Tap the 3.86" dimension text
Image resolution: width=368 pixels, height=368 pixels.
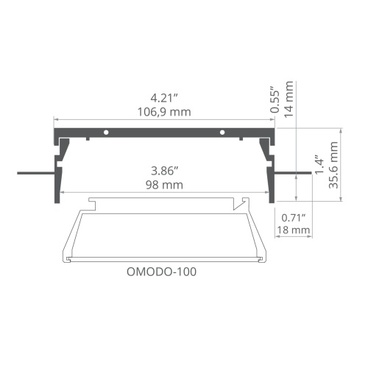click(x=163, y=170)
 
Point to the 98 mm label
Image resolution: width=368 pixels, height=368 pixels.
click(x=163, y=185)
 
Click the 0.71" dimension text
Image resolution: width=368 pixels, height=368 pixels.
click(x=293, y=216)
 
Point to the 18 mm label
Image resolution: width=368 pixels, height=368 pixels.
click(x=293, y=230)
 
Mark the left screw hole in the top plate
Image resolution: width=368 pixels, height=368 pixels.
click(x=107, y=132)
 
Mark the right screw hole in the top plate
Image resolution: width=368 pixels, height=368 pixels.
click(x=222, y=132)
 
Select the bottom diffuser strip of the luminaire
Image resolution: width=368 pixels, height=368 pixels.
click(x=163, y=258)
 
